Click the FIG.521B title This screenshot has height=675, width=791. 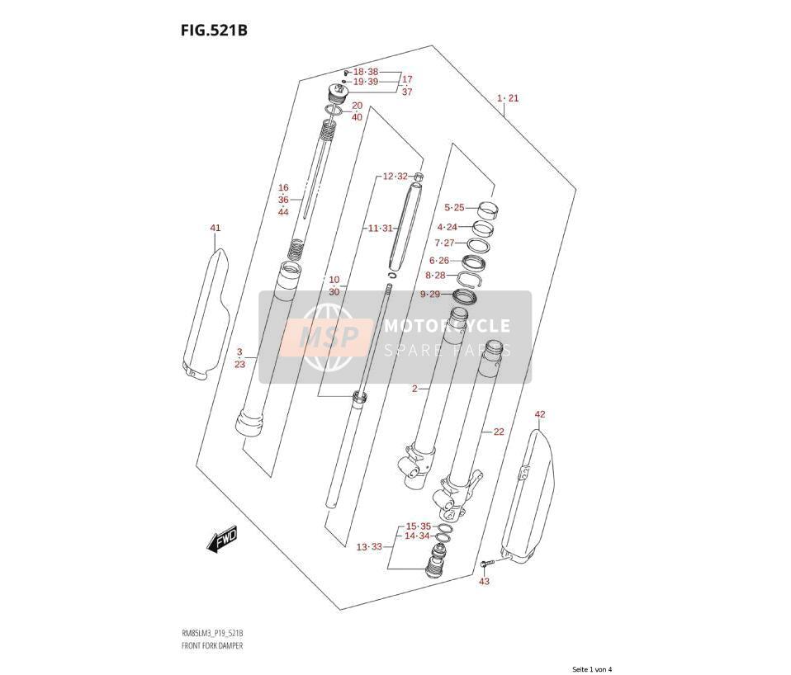(x=214, y=31)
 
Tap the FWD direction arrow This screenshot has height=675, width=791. (x=221, y=540)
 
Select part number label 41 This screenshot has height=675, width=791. (x=216, y=228)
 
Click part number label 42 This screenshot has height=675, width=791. (x=540, y=414)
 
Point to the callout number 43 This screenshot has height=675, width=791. (x=484, y=581)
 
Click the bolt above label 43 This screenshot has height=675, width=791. (x=485, y=563)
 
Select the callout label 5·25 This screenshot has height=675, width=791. (x=454, y=207)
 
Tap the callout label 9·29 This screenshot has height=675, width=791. (x=430, y=294)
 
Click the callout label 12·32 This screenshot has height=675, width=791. (x=395, y=176)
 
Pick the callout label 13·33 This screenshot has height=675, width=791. (x=370, y=546)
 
